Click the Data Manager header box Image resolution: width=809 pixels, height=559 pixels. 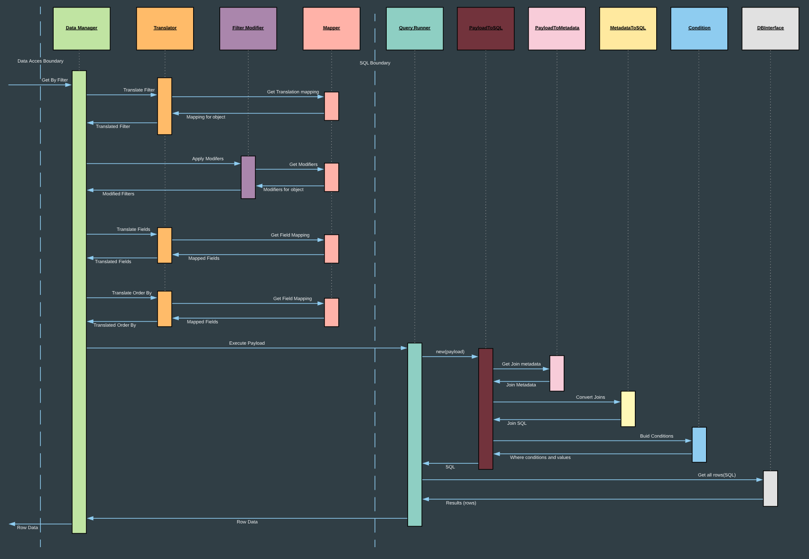[x=82, y=28]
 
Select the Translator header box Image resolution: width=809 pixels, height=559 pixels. [x=165, y=28]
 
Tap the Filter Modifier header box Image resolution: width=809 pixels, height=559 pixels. [x=248, y=28]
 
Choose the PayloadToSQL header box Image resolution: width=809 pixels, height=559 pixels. [x=485, y=28]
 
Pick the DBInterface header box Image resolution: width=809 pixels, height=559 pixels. [x=770, y=28]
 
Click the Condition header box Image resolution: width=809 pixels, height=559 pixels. [x=699, y=28]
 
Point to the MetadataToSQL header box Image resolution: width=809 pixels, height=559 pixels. [x=628, y=28]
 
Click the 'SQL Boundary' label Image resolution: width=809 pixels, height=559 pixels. [x=375, y=63]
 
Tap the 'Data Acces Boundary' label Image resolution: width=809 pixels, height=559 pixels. [x=40, y=61]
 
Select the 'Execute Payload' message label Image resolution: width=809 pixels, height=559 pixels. [x=247, y=343]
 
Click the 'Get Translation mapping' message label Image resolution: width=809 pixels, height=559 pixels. [x=293, y=92]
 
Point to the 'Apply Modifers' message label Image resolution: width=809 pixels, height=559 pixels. [x=208, y=159]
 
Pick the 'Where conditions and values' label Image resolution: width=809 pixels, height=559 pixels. [x=540, y=458]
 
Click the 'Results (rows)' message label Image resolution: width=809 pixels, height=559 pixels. [x=461, y=503]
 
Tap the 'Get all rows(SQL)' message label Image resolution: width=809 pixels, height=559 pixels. [x=716, y=475]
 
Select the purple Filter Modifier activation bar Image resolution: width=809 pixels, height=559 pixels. [x=248, y=177]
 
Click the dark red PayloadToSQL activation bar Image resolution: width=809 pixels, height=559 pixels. [x=485, y=409]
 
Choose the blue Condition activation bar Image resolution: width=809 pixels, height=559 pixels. [x=699, y=445]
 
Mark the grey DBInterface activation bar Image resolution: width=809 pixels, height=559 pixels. [x=770, y=488]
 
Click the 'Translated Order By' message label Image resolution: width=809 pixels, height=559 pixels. [x=115, y=325]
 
